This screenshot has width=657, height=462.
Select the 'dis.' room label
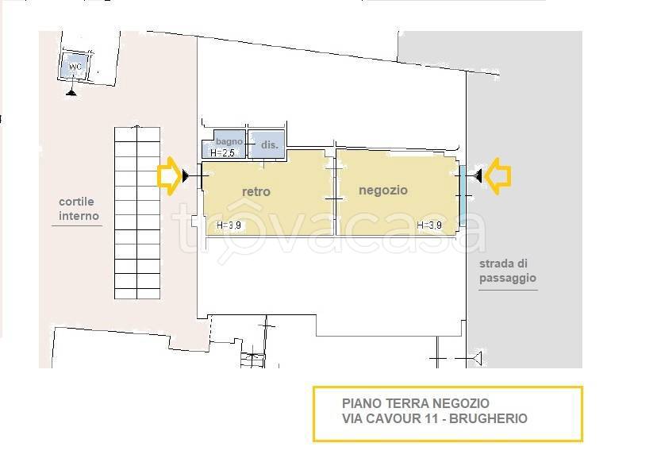pyautogui.click(x=268, y=146)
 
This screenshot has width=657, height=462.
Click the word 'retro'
pyautogui.click(x=255, y=191)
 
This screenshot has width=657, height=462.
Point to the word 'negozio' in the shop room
pyautogui.click(x=382, y=190)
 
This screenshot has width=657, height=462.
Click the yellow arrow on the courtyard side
pyautogui.click(x=168, y=175)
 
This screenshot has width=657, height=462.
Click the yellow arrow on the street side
pyautogui.click(x=498, y=175)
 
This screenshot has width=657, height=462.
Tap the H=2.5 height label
pyautogui.click(x=222, y=152)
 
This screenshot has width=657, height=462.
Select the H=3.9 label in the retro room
pyautogui.click(x=230, y=225)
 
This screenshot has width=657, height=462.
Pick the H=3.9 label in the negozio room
pyautogui.click(x=429, y=225)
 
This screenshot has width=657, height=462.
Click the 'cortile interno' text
pyautogui.click(x=78, y=209)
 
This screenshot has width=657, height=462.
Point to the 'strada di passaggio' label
pyautogui.click(x=508, y=271)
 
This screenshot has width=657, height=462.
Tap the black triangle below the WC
pyautogui.click(x=72, y=92)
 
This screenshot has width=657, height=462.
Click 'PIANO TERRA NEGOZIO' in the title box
pyautogui.click(x=409, y=404)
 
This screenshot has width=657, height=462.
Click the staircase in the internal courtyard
pyautogui.click(x=137, y=212)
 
